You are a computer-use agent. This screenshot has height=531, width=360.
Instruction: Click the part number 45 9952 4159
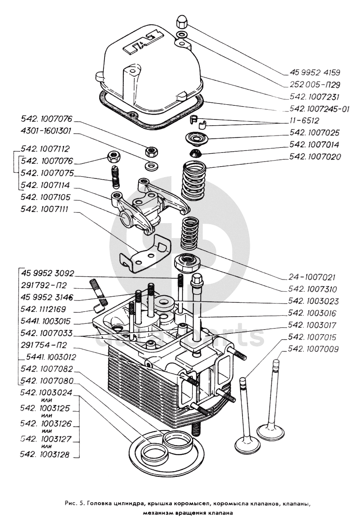tap(315, 72)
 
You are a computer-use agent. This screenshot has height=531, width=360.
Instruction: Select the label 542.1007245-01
tap(319, 109)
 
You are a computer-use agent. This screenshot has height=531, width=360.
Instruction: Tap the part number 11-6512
tap(304, 121)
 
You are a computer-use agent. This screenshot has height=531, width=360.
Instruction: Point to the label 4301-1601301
tap(46, 131)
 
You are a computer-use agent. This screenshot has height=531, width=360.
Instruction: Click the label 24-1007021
tap(312, 277)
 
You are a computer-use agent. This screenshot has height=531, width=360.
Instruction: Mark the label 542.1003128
tap(45, 455)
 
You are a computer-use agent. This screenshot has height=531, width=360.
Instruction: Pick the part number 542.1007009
tap(313, 349)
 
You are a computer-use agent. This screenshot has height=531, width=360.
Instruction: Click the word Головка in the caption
tap(100, 504)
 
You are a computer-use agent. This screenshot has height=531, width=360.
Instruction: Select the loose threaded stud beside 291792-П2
tap(99, 292)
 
